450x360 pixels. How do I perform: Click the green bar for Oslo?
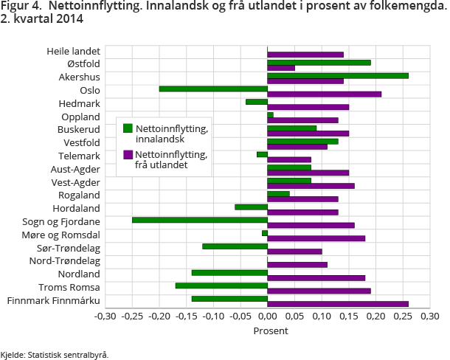pos(213,89)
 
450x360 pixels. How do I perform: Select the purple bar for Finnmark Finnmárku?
pos(338,304)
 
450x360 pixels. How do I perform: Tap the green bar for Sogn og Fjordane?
pos(200,220)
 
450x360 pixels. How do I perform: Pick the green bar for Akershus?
pos(338,75)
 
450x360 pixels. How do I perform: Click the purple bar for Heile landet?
pos(305,55)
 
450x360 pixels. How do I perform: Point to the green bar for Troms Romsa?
pos(221,285)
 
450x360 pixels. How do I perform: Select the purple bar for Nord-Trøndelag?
pos(297,264)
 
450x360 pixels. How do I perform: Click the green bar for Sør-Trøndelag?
pos(235,246)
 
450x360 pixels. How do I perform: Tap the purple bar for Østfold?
pos(281,68)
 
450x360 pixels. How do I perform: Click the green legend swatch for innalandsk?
pos(128,129)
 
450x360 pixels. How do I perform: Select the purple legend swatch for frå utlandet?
pos(128,155)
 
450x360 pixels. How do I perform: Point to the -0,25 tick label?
pos(132,316)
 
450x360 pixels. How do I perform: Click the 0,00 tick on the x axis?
pos(267,316)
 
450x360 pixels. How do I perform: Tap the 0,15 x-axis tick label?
pos(348,316)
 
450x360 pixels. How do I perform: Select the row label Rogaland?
pos(79,195)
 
